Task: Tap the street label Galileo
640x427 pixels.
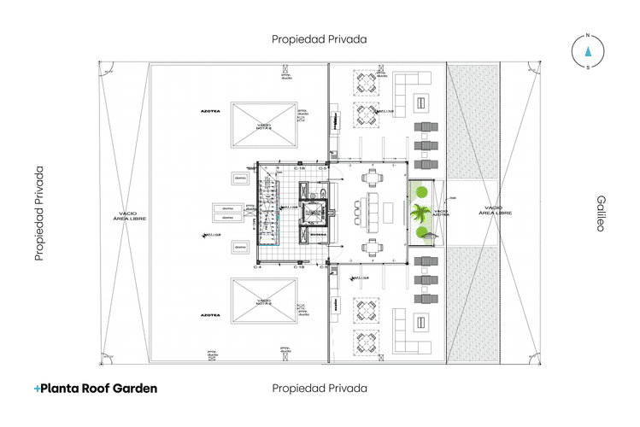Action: point(600,213)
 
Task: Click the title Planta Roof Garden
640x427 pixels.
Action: point(98,388)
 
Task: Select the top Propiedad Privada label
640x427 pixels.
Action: point(320,38)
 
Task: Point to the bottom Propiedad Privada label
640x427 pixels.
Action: point(320,388)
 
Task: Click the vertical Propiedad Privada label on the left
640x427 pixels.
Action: point(39,213)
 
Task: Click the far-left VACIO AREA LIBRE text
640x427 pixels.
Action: point(125,215)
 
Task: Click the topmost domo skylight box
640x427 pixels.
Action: point(239,178)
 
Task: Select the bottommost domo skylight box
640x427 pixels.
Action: point(239,247)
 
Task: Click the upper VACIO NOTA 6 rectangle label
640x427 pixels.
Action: point(264,126)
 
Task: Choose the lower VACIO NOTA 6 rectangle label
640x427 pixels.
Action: point(264,301)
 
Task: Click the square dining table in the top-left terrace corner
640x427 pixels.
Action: point(367,83)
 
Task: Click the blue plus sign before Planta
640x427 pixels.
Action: point(37,389)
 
